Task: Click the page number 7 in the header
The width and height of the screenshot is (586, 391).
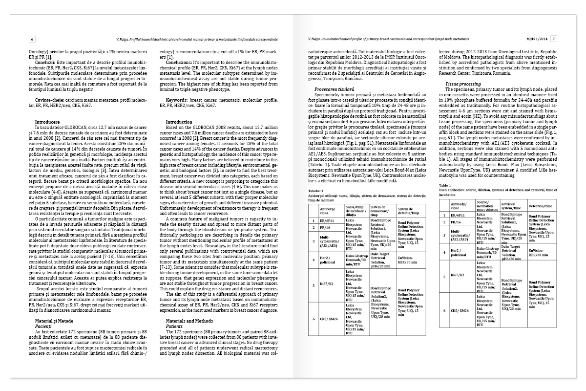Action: coord(553,39)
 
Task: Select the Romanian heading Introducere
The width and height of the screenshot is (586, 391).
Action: coord(48,121)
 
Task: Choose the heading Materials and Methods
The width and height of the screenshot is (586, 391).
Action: coord(189,321)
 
